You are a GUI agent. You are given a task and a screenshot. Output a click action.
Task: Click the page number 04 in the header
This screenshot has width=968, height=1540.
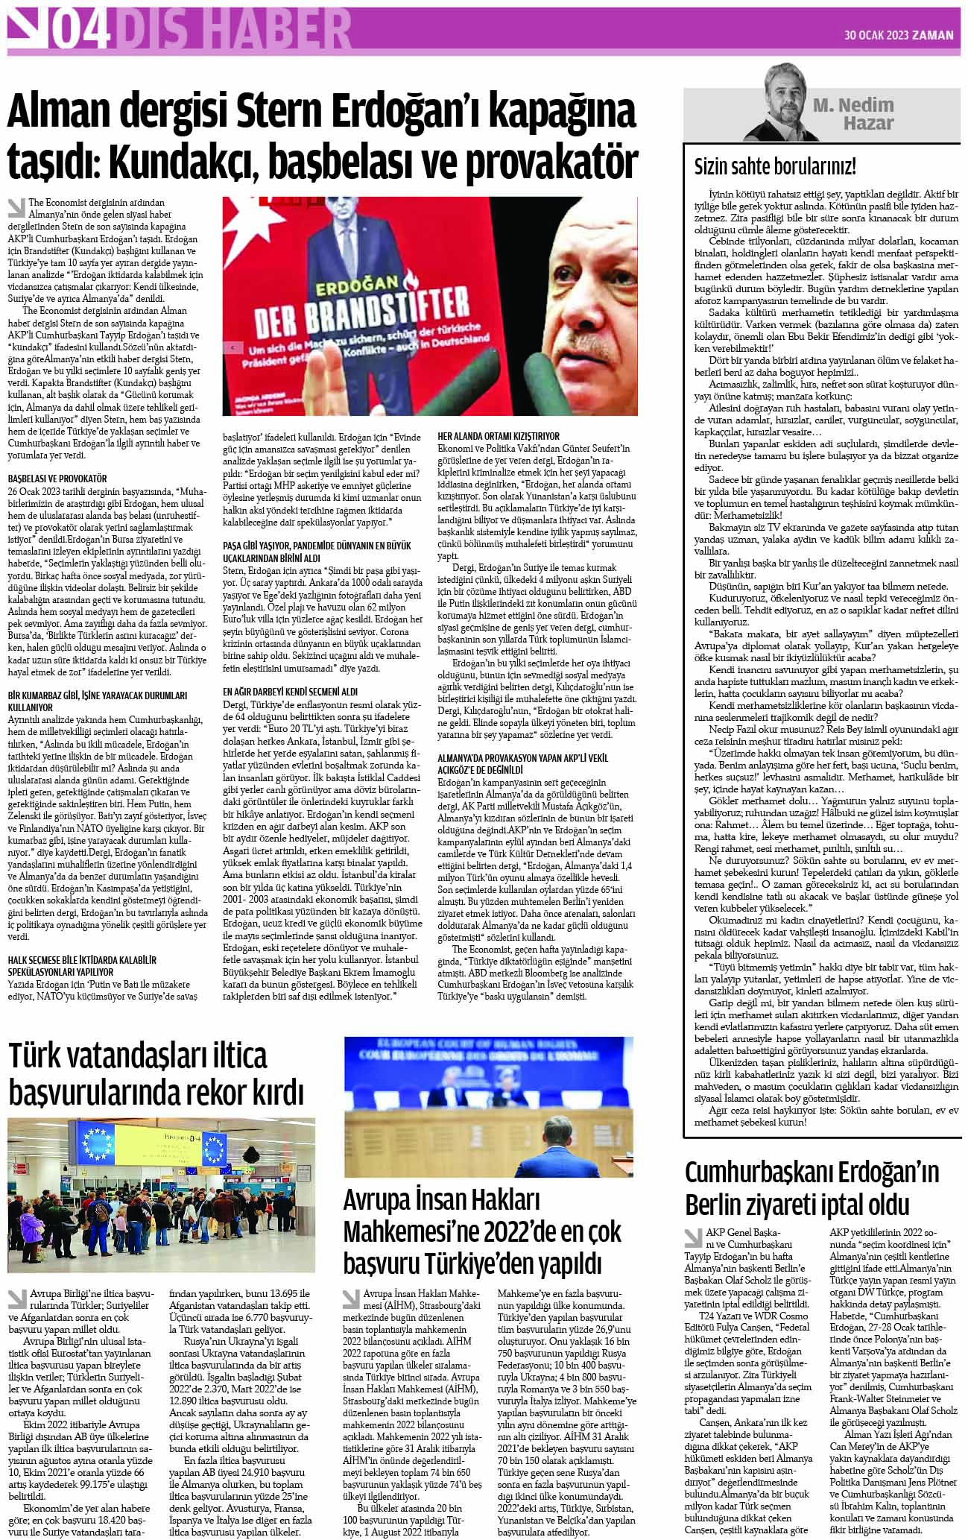pyautogui.click(x=77, y=30)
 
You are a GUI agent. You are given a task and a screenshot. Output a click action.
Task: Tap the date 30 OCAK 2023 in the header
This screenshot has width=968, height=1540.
pyautogui.click(x=875, y=34)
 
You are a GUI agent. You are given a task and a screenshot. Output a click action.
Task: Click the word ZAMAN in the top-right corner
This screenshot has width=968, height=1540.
pyautogui.click(x=934, y=34)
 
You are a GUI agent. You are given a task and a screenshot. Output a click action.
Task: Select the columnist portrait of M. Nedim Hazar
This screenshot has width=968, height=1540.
pyautogui.click(x=776, y=102)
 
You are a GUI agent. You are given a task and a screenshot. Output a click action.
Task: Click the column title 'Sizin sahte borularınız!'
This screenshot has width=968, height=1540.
pyautogui.click(x=775, y=165)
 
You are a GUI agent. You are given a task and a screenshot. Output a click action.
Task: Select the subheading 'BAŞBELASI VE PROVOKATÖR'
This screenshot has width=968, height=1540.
pyautogui.click(x=57, y=479)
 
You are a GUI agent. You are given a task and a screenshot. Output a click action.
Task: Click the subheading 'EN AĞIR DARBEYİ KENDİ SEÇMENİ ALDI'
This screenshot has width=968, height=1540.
pyautogui.click(x=291, y=692)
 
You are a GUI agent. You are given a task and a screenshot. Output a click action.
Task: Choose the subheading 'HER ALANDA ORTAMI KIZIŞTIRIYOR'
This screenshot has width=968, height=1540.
pyautogui.click(x=499, y=436)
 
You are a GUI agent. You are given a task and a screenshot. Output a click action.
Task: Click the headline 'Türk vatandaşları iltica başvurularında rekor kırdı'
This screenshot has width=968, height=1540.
pyautogui.click(x=156, y=1075)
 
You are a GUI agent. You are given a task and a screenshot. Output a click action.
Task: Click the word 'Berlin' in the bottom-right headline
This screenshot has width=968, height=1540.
pyautogui.click(x=727, y=1204)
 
